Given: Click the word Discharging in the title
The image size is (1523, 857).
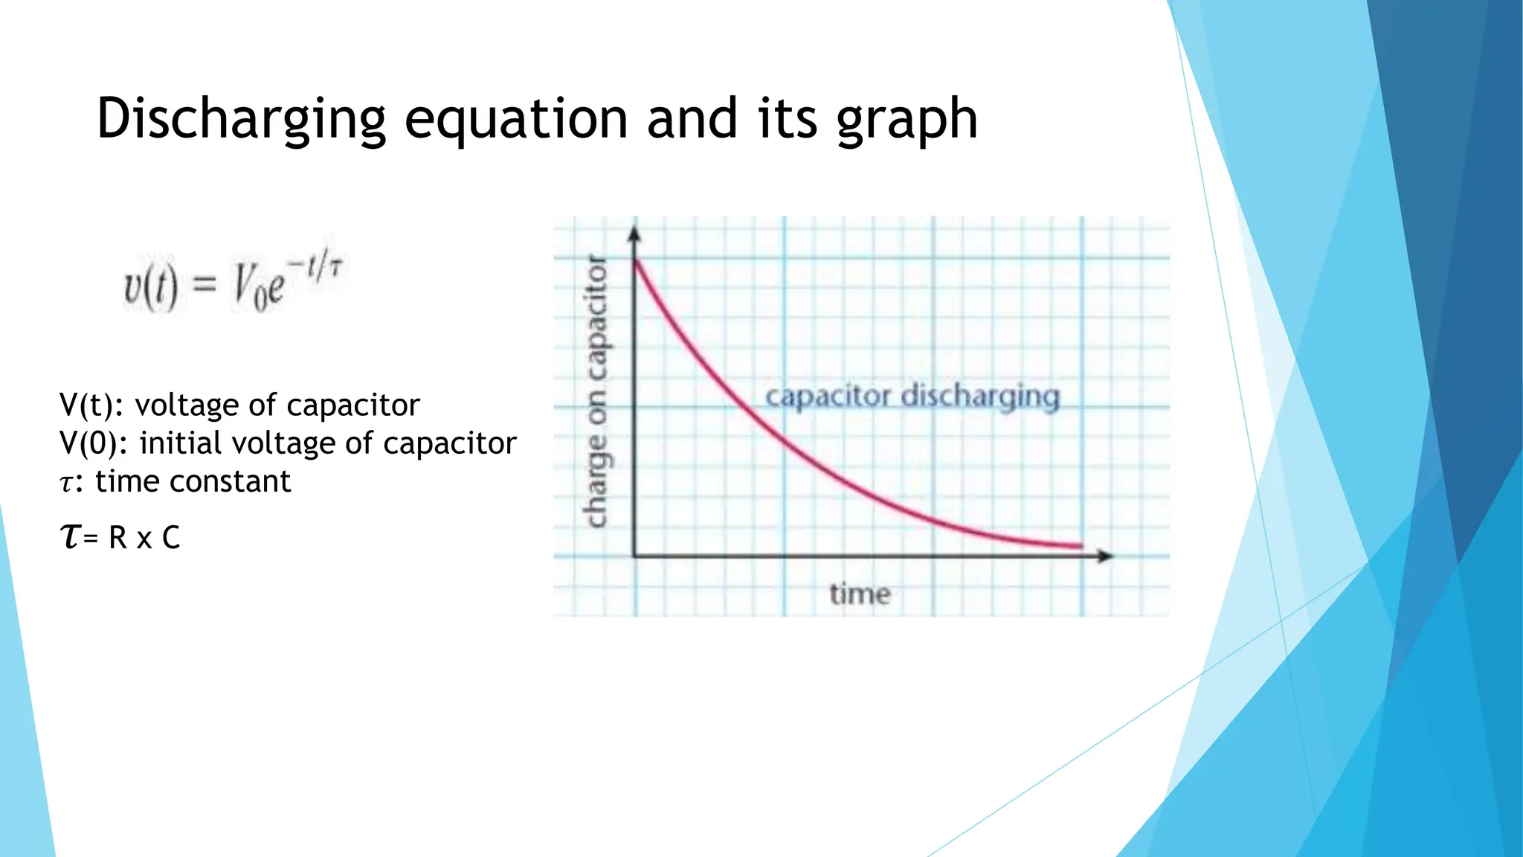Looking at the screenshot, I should [241, 119].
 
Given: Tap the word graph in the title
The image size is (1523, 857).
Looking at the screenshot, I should [907, 119].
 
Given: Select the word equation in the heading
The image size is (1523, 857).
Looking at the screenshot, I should [515, 119].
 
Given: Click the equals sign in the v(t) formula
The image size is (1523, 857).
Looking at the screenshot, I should [205, 285].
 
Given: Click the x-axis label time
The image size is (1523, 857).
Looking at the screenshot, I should [860, 594].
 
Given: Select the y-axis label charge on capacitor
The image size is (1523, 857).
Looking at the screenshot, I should [596, 392].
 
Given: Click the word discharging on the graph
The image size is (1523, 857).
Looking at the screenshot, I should [979, 397].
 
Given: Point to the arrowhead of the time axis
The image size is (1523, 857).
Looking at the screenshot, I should [1107, 556].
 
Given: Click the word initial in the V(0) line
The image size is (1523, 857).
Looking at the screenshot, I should [181, 443].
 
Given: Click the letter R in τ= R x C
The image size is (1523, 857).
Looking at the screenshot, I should [117, 537].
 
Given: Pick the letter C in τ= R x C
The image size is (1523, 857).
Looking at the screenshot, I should [171, 537].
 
